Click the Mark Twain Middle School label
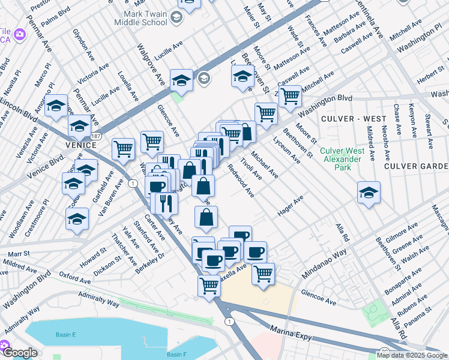click(144, 17)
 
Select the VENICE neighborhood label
click(77, 145)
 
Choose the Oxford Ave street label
click(74, 277)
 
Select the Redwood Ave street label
click(240, 181)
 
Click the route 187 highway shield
click(96, 137)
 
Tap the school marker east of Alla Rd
click(369, 193)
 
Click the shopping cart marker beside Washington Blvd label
click(290, 95)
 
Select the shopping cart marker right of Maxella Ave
click(262, 274)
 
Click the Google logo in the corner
click(20, 353)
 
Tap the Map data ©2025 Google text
click(411, 355)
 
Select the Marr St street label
click(19, 254)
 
